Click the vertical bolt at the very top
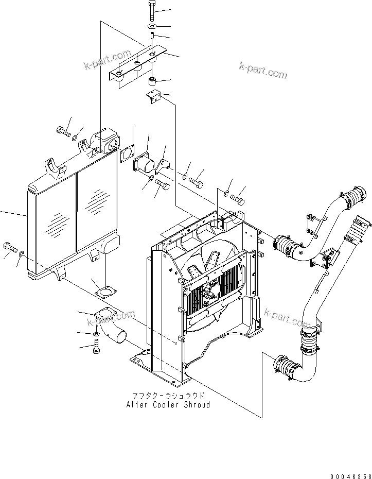(x=153, y=10)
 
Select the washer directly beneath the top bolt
(x=153, y=26)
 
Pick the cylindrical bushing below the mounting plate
(x=152, y=81)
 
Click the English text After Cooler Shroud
(x=168, y=405)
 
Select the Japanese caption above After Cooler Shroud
(x=168, y=396)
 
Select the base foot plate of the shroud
(x=160, y=368)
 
